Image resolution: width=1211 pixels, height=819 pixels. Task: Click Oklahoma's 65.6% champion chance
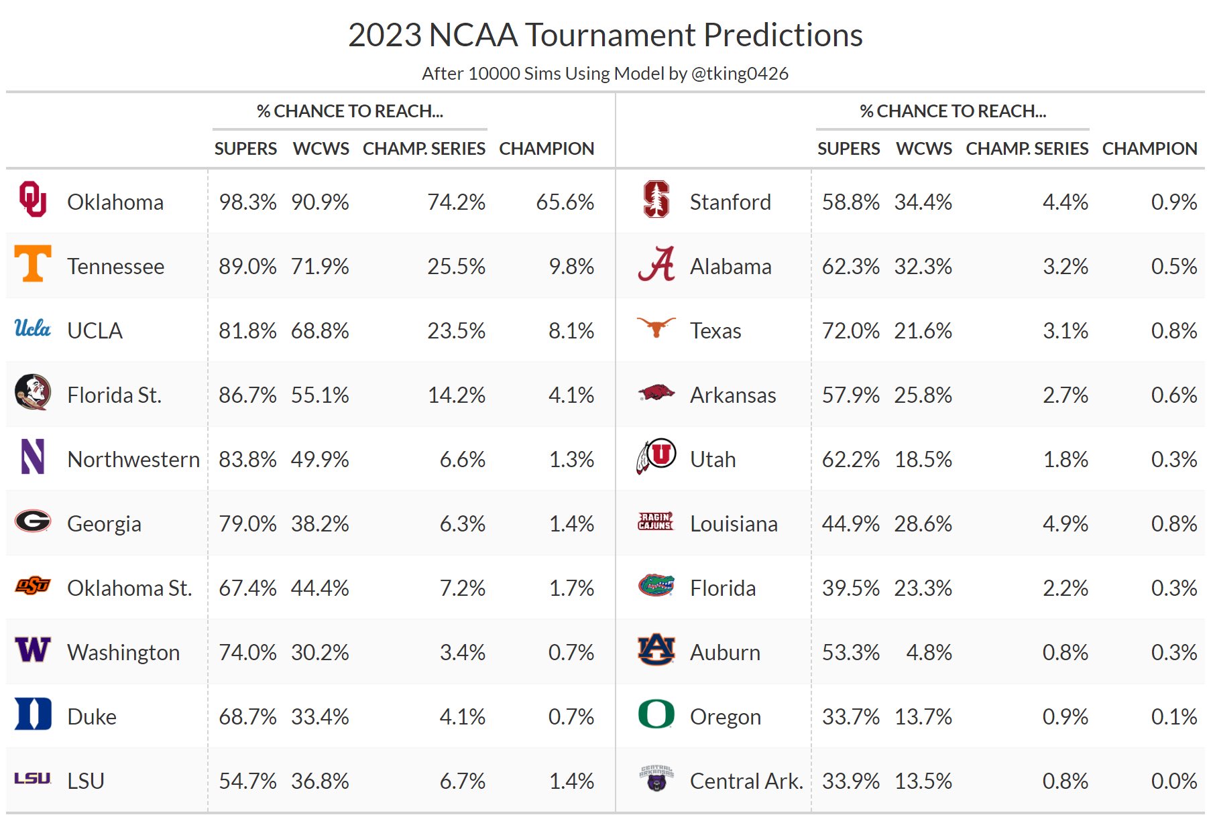[565, 202]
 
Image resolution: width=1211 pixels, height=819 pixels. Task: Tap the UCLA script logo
[33, 328]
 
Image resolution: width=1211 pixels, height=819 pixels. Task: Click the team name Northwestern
[133, 459]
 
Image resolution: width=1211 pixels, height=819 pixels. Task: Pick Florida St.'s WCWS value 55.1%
[320, 395]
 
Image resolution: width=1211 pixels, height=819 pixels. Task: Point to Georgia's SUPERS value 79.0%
[247, 523]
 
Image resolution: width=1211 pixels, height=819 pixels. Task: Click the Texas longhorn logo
[656, 327]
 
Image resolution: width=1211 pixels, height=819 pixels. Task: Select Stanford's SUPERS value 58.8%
[850, 202]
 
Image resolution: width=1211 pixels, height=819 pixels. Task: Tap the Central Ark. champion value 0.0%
[1173, 781]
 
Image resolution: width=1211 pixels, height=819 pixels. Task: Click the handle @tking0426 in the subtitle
[739, 73]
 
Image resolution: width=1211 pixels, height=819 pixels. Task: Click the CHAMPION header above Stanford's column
[1149, 148]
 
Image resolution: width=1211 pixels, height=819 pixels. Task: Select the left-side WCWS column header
[321, 148]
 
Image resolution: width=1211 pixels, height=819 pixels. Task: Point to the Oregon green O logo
[656, 714]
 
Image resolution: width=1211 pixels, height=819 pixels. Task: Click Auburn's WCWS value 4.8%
[929, 652]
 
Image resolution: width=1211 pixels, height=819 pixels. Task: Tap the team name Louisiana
[734, 523]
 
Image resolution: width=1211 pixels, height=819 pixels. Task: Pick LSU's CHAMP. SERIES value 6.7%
[462, 781]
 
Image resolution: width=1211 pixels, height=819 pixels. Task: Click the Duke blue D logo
[33, 714]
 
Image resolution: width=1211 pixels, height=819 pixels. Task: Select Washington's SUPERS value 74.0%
[247, 652]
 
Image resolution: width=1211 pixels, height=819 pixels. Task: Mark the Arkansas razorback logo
[656, 393]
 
